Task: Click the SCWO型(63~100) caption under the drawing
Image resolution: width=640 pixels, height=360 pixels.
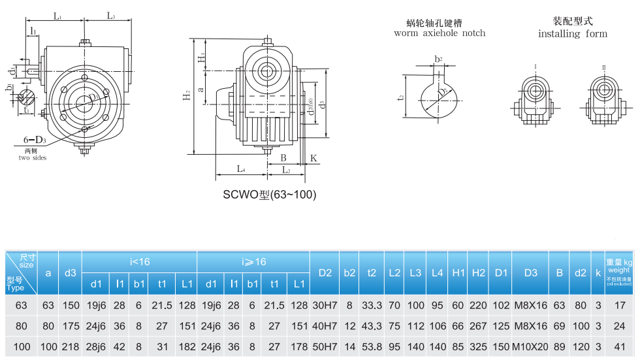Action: [x=269, y=195]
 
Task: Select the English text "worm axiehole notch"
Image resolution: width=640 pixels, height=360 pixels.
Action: [x=440, y=33]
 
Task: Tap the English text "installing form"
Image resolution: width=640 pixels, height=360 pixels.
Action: [x=572, y=34]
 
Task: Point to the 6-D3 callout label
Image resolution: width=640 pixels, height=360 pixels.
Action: [x=35, y=140]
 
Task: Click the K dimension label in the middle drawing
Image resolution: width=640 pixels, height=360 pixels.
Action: [x=313, y=158]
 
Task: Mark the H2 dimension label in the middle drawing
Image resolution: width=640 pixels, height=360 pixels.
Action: [x=187, y=96]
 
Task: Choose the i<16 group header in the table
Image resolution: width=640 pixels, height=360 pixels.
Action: [x=139, y=261]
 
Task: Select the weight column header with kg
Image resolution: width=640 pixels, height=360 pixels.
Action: [x=618, y=269]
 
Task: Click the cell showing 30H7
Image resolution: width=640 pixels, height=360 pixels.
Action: [x=325, y=305]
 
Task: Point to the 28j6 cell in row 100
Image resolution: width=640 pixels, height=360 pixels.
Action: [x=96, y=346]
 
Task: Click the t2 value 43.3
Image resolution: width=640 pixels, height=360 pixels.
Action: [x=371, y=326]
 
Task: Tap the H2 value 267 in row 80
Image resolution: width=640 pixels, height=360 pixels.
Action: [x=478, y=326]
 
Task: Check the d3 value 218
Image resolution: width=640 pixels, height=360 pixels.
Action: [x=71, y=346]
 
